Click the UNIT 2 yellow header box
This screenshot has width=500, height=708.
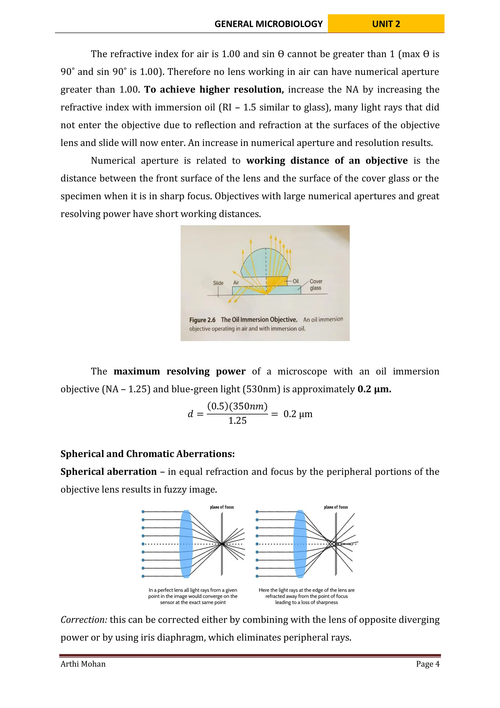click(x=386, y=24)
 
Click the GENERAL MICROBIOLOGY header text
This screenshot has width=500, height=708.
click(x=268, y=24)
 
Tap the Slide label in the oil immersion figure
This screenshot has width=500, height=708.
click(x=218, y=283)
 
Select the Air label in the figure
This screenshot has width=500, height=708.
click(x=236, y=283)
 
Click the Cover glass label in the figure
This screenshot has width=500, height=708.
click(x=316, y=285)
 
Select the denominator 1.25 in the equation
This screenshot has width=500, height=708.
click(x=237, y=421)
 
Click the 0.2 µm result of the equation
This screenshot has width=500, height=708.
click(x=298, y=414)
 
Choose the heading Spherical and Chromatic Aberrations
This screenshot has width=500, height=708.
click(x=147, y=454)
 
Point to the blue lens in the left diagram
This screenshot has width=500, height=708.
click(x=186, y=544)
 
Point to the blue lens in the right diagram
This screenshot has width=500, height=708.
click(x=300, y=544)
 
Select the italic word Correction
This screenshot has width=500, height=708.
click(x=83, y=620)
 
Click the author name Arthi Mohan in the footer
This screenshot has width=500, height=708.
click(x=83, y=664)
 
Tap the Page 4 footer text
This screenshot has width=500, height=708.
click(x=427, y=664)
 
